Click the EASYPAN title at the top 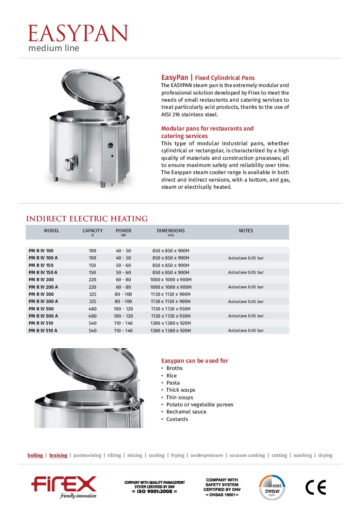tap(78, 34)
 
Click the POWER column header tap(123, 231)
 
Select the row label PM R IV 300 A tap(43, 302)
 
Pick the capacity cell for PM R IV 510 tap(93, 323)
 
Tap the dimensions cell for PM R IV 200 tap(170, 280)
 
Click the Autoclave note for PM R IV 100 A tap(246, 258)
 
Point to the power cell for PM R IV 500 tap(123, 309)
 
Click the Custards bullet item tap(177, 419)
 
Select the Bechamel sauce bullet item tap(186, 412)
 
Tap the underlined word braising tap(58, 455)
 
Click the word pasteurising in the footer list tap(87, 455)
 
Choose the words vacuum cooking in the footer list tap(247, 455)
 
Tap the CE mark tap(315, 487)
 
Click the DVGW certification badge tap(272, 488)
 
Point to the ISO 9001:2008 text tap(154, 491)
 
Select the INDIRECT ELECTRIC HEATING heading tap(87, 219)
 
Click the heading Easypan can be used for tap(195, 361)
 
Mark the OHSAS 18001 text tap(222, 495)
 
